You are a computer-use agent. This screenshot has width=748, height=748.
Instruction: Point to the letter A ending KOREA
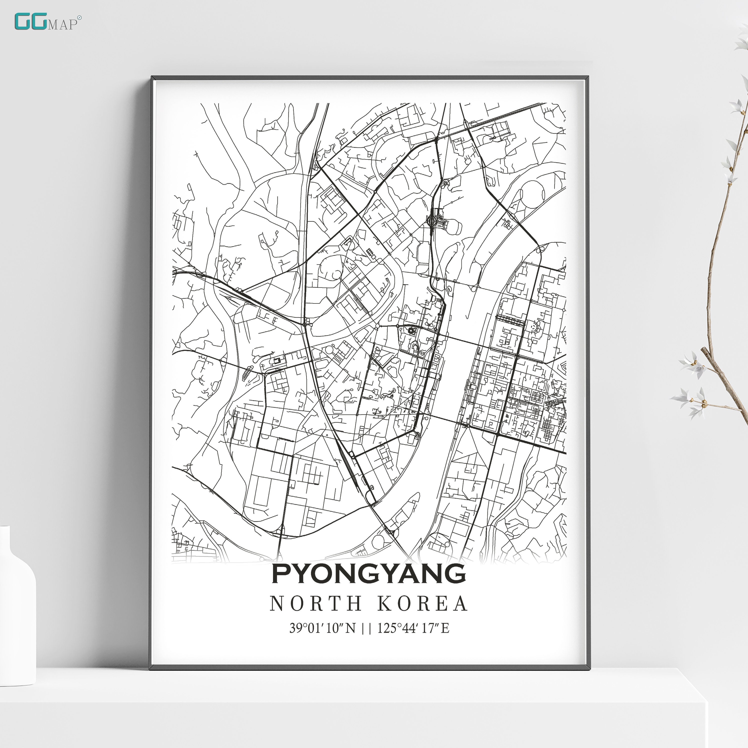[x=460, y=603]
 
